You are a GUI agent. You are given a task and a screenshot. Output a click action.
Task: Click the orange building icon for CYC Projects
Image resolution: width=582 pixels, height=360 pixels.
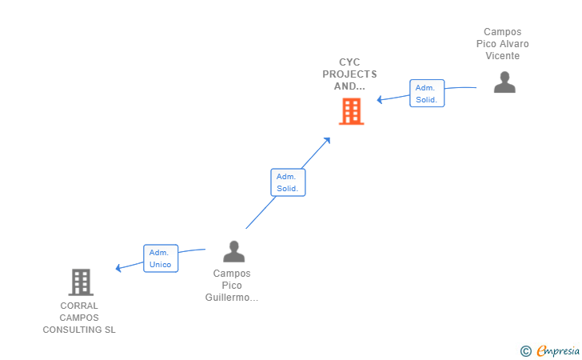click(351, 111)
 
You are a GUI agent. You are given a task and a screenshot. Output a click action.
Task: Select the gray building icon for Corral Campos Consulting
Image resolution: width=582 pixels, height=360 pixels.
click(80, 282)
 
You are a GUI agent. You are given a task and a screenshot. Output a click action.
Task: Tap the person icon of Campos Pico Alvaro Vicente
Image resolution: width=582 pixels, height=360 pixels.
click(504, 82)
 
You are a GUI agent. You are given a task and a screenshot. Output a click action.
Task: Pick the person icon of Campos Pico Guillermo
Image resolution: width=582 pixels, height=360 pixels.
click(233, 251)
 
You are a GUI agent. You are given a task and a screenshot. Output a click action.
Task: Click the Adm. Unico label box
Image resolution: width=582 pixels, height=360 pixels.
click(160, 258)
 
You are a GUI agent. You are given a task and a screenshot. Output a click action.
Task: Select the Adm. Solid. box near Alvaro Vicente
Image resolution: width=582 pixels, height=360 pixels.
click(427, 94)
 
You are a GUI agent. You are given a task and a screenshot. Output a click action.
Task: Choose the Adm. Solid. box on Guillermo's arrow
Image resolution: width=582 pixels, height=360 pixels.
click(288, 182)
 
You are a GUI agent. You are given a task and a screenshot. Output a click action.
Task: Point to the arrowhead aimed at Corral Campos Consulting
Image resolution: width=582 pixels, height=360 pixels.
click(119, 268)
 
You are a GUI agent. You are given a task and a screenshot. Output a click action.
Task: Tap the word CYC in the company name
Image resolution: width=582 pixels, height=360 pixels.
click(349, 62)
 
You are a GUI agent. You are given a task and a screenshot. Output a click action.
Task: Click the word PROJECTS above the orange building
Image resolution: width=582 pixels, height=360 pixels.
click(349, 74)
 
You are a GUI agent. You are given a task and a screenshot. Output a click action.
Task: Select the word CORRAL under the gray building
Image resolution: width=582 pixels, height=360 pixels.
click(79, 306)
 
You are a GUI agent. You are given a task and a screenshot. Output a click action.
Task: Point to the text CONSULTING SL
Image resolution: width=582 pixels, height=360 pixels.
click(79, 330)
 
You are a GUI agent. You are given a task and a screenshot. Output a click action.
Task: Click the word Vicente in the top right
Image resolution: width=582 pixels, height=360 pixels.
click(502, 56)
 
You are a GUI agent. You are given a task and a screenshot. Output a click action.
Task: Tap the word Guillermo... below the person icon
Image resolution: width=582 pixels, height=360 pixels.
click(232, 298)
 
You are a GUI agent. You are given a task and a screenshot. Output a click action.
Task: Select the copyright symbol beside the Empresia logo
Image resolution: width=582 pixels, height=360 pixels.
click(525, 350)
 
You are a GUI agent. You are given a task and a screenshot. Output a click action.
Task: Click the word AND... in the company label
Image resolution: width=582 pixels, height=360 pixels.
click(349, 86)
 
